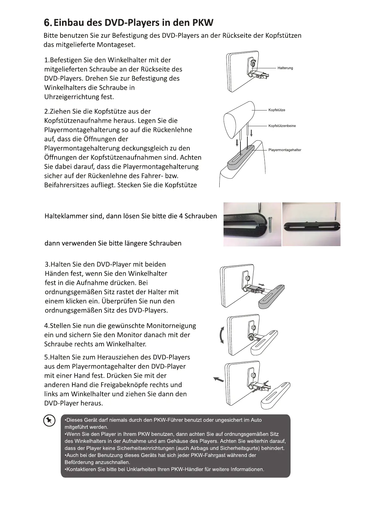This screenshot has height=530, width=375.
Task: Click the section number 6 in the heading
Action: click(47, 23)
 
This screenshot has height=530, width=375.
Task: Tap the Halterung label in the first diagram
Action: click(285, 68)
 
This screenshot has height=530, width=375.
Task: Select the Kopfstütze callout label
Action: click(277, 110)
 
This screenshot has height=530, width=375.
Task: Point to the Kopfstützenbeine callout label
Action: click(282, 126)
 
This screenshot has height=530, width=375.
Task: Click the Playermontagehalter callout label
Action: click(285, 150)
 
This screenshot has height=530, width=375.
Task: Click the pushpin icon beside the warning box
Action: click(49, 420)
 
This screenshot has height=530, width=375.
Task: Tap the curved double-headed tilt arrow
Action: click(222, 335)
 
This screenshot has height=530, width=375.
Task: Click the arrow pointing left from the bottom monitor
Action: click(218, 380)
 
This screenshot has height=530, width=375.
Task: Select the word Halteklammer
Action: click(65, 216)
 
